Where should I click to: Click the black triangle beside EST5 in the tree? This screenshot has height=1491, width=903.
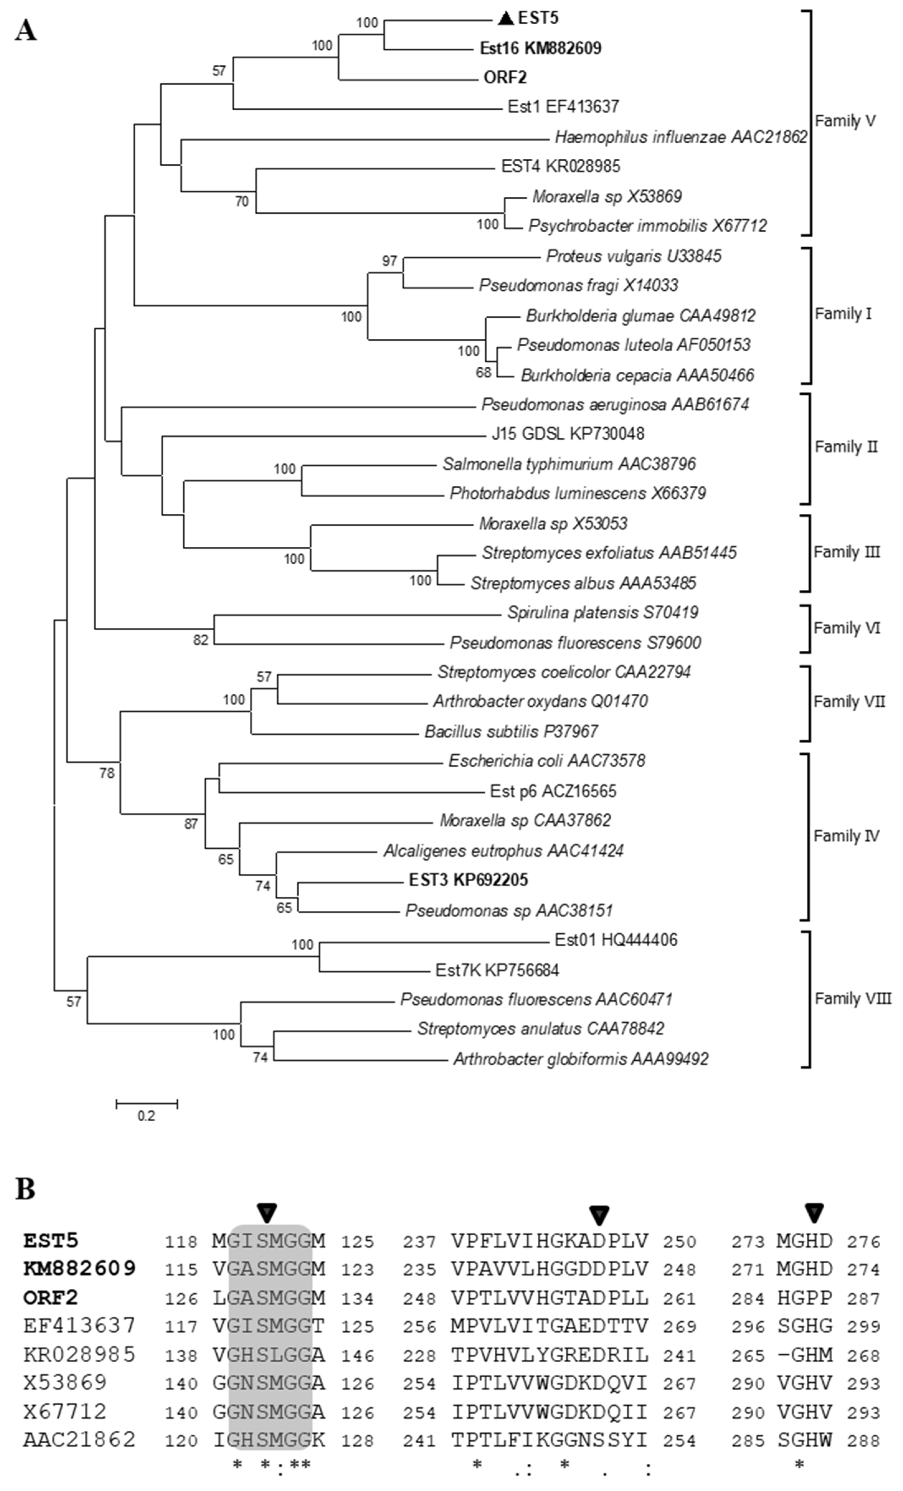point(505,19)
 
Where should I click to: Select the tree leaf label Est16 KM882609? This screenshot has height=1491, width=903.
point(541,48)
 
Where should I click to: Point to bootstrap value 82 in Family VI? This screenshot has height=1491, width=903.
point(200,639)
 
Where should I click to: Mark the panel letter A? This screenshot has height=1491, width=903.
point(26,30)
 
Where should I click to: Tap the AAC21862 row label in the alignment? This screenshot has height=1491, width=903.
point(79,1440)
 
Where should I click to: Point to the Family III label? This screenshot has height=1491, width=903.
point(846,552)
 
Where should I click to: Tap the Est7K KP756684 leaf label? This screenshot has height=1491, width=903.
point(497,970)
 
